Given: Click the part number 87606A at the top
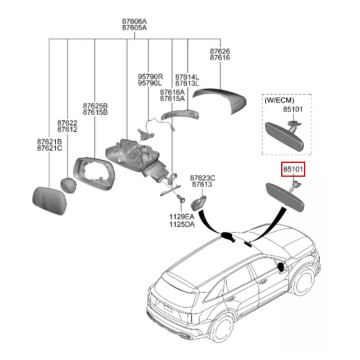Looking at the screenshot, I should pos(134,21).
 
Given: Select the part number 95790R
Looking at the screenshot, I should pos(150,76).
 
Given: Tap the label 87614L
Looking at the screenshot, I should pos(187,76).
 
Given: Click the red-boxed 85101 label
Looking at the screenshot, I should pos(293,170).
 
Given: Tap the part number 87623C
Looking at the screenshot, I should pos(202,178).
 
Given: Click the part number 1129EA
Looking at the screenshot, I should pos(182,217).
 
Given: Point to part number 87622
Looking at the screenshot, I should pos(67,122).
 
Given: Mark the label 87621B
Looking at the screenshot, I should pos(49,141).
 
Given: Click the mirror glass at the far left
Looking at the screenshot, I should pos(50,199).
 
